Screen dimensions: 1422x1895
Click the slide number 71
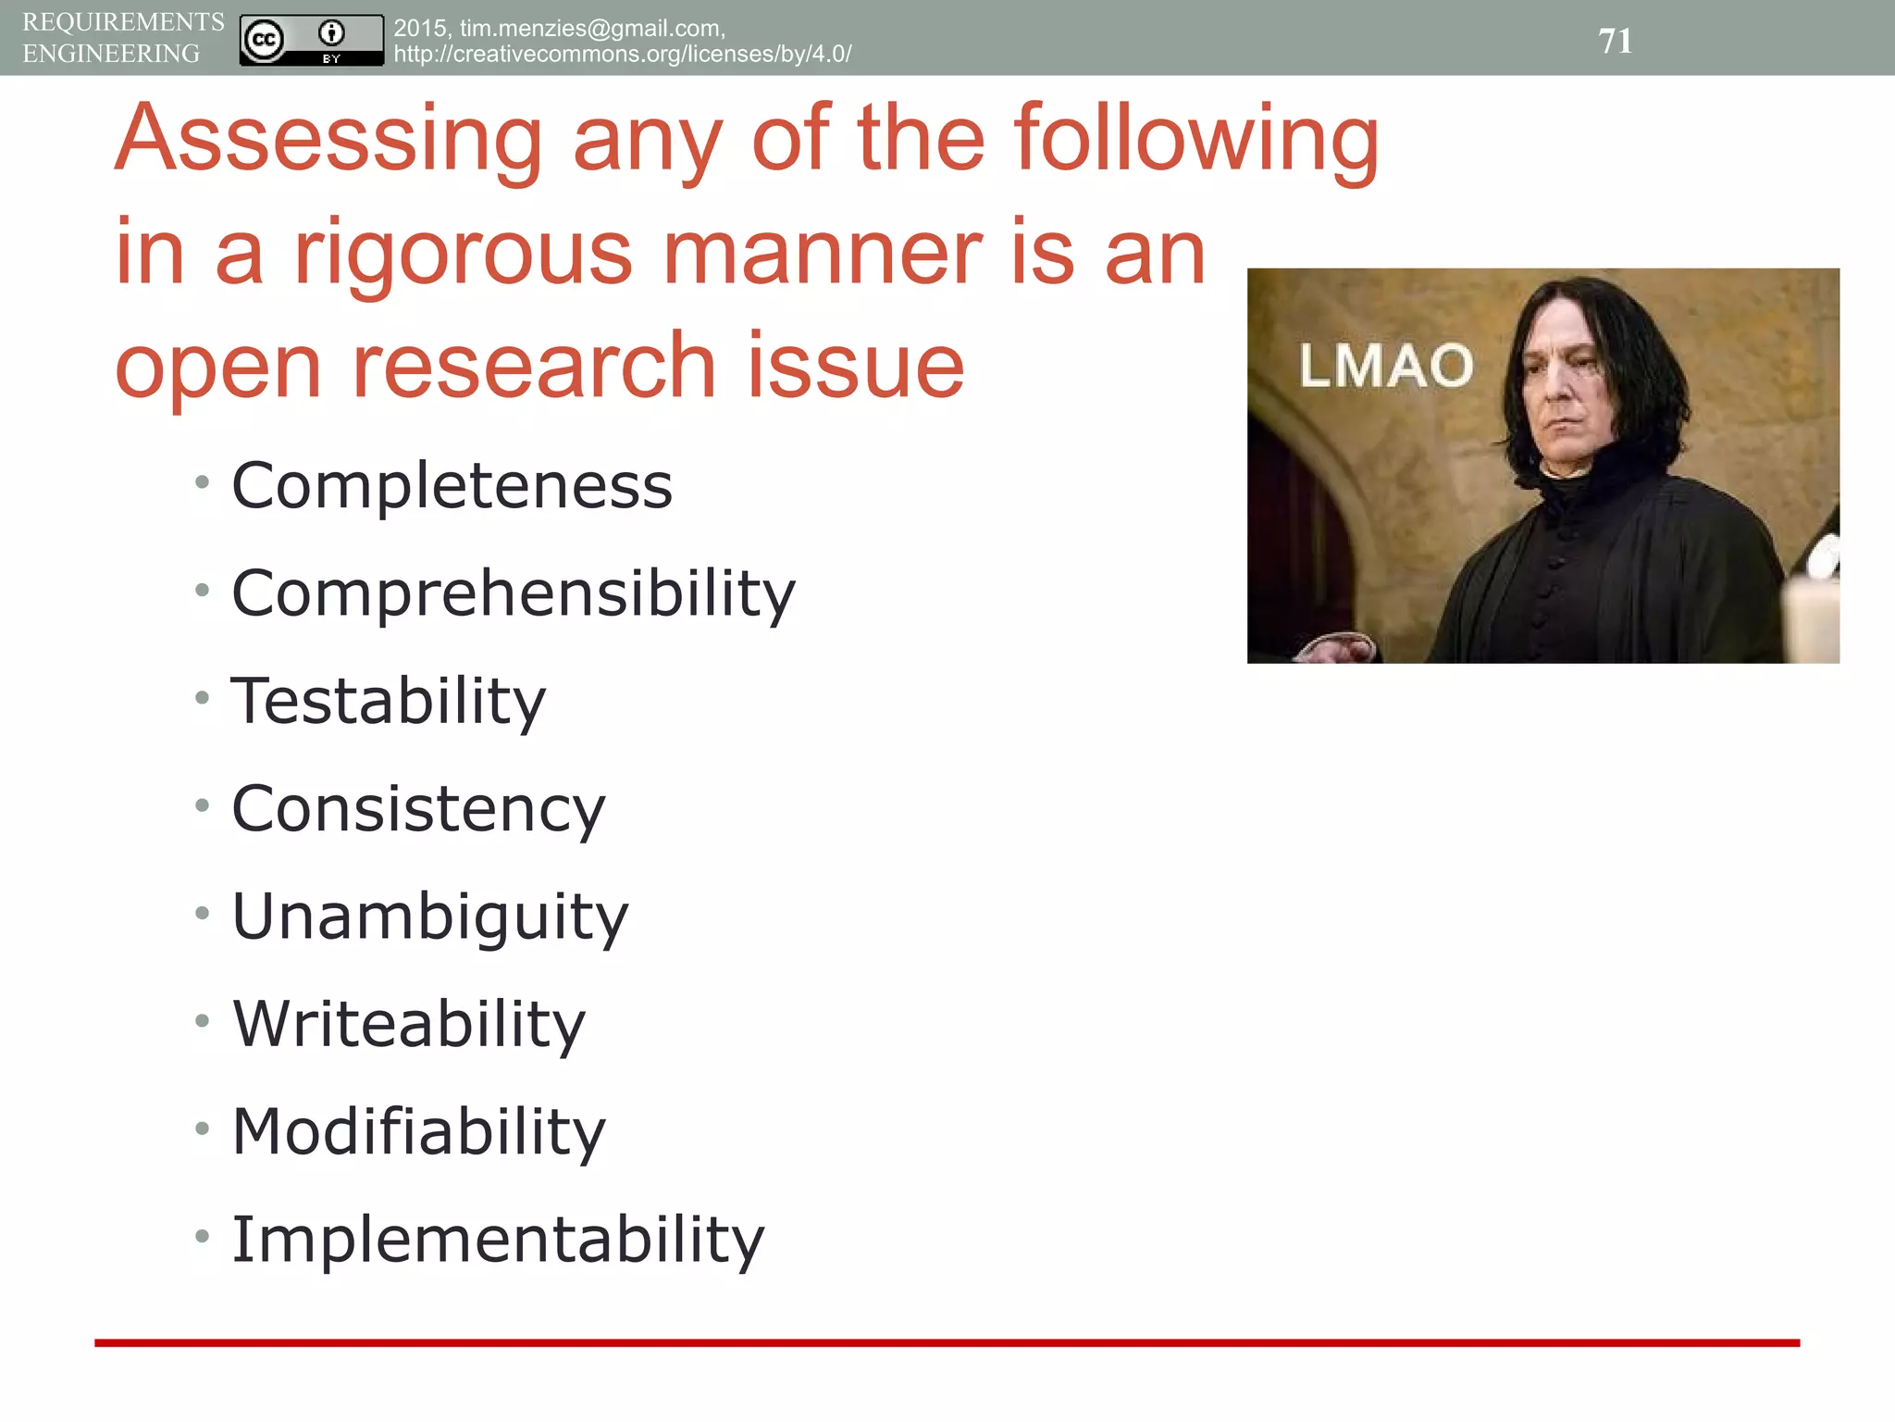pos(1615,41)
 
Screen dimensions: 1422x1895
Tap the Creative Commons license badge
pos(311,40)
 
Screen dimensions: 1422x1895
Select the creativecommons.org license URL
pos(622,54)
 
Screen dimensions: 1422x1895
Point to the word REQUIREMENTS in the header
pos(123,22)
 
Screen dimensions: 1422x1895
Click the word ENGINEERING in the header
pos(111,54)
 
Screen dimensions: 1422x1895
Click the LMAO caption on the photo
pos(1385,365)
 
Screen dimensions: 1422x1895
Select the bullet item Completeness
pos(452,485)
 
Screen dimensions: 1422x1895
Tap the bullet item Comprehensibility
pos(513,592)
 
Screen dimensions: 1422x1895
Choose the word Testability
pos(389,701)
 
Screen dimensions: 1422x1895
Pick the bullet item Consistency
pos(418,809)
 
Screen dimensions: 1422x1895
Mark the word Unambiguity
pos(429,917)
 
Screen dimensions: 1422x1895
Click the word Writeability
pos(409,1024)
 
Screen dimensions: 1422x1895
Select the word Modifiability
pos(418,1131)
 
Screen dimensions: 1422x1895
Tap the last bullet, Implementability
pos(498,1239)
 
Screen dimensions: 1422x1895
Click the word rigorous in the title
pos(463,254)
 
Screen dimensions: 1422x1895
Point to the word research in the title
pos(535,367)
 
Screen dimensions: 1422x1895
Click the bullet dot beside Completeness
pos(203,481)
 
